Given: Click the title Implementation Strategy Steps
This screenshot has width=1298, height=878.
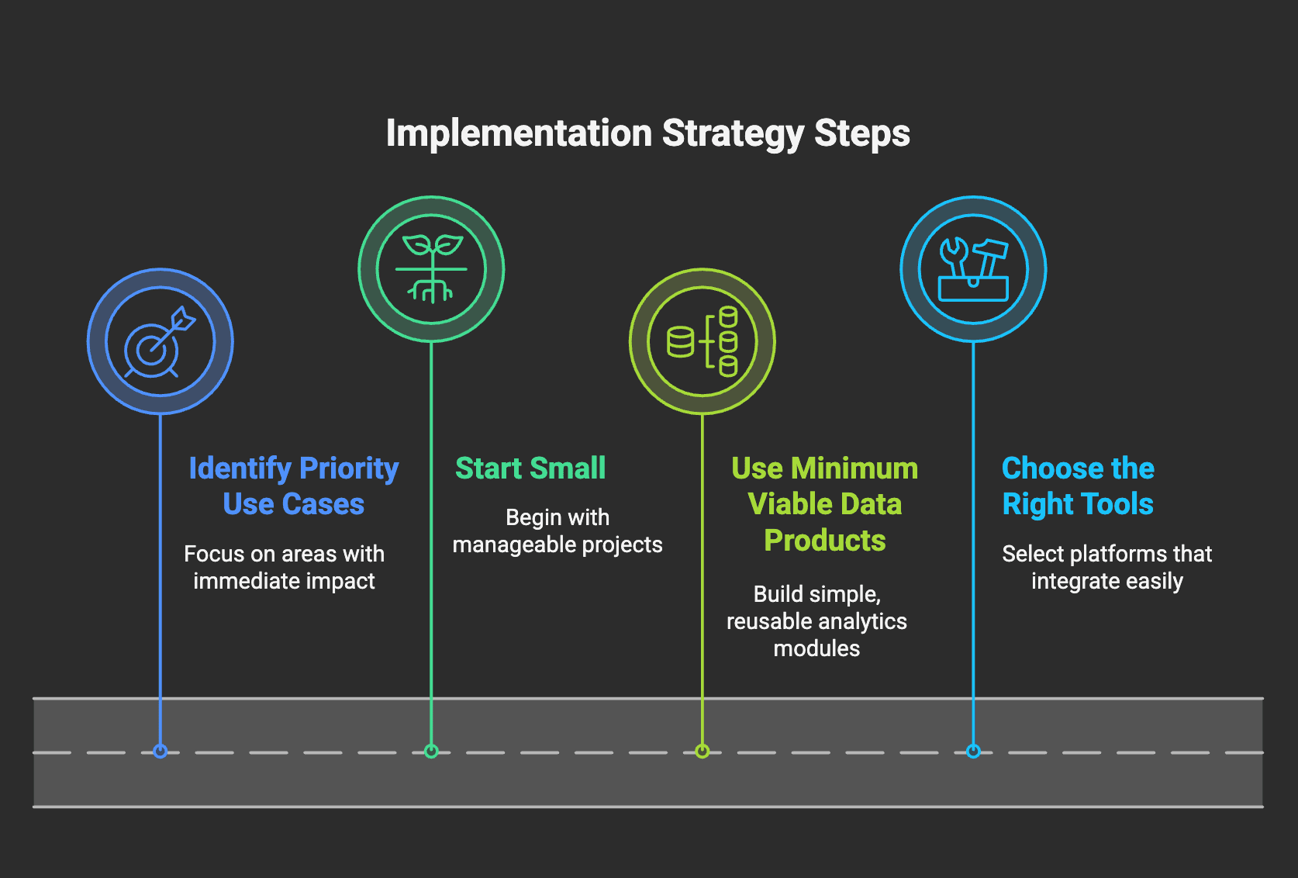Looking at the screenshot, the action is [648, 134].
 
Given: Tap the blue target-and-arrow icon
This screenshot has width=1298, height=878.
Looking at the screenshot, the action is [160, 342].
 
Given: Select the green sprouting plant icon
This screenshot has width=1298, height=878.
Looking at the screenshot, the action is [431, 269].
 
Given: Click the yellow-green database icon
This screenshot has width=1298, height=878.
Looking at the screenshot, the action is [703, 341].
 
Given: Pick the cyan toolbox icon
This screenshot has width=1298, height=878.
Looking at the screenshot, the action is [974, 269].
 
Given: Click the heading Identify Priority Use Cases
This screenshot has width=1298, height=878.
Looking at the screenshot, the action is [294, 486].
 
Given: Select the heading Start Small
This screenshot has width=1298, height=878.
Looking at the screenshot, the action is [530, 468].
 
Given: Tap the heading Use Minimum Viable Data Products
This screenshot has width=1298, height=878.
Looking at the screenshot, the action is [824, 504].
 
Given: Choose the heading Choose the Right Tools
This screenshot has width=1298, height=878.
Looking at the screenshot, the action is [1078, 486].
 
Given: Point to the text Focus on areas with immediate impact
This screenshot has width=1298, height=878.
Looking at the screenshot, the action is [284, 568].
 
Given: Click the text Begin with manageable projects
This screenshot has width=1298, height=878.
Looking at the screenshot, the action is [558, 531].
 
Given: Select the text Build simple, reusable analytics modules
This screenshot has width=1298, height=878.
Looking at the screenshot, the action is [816, 621].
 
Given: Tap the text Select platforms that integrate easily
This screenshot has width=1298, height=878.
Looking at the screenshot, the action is [1106, 568].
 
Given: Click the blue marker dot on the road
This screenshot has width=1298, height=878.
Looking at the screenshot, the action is [161, 752].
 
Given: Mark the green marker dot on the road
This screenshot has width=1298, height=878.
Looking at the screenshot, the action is [431, 752].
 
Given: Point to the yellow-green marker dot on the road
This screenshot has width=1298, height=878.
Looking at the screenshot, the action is [703, 752].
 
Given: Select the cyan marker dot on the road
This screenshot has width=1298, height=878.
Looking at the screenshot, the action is [974, 752].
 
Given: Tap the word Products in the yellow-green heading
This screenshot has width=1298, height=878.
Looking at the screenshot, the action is [824, 540].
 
